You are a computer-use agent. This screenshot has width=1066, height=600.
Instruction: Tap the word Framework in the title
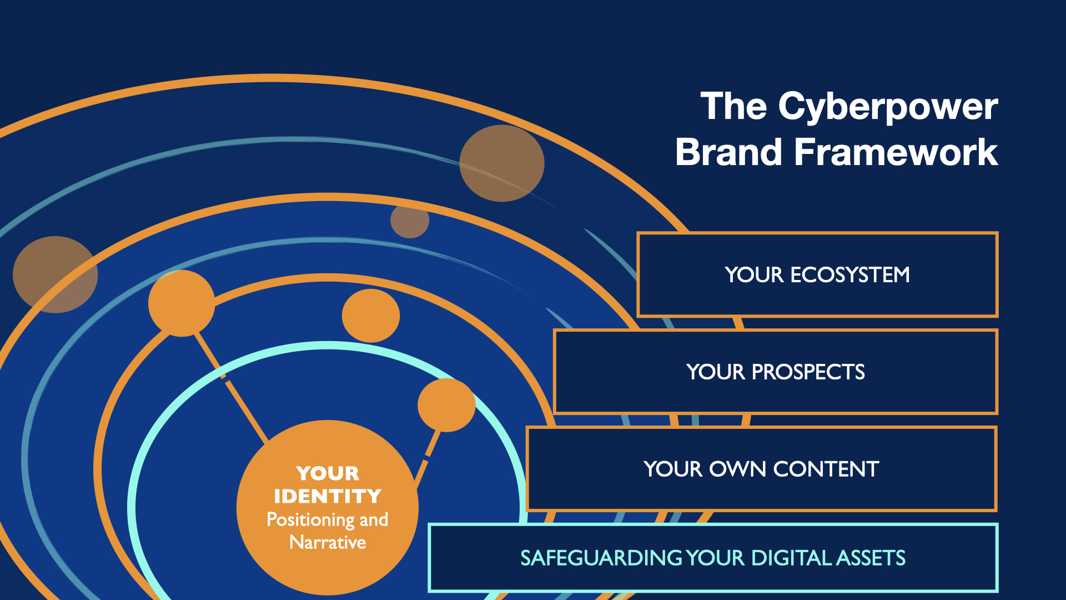pos(896,152)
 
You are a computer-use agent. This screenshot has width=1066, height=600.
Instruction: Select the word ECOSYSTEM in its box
pos(850,275)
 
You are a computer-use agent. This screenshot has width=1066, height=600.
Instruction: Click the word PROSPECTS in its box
pos(808,372)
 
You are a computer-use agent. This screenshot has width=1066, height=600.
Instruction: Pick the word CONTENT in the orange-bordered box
pos(826,469)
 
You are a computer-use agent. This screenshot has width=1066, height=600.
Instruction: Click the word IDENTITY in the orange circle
pos(328,496)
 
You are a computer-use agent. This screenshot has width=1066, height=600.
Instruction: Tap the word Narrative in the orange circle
pos(328,542)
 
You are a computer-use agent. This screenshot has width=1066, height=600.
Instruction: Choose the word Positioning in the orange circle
pos(311,520)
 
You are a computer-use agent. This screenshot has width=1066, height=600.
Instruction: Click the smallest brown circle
pos(410,221)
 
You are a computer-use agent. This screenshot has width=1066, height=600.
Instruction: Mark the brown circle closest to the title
pos(502,163)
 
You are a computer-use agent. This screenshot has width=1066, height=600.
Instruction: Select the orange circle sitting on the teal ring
pos(446,405)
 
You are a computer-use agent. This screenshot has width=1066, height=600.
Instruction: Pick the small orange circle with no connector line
pos(371,316)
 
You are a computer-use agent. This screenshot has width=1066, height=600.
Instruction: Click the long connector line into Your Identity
pos(232,387)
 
